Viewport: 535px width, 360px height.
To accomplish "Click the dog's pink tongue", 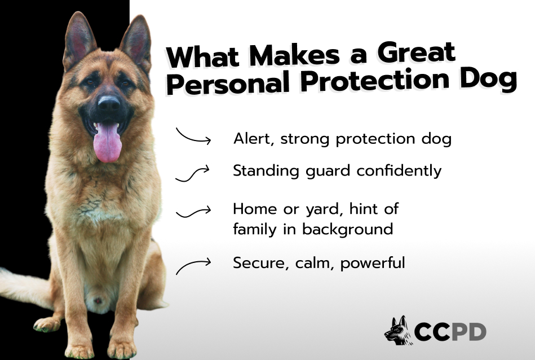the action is [x=107, y=142].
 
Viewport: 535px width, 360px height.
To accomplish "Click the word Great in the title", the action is [x=416, y=54].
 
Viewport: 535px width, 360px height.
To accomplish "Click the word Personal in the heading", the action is [x=228, y=83].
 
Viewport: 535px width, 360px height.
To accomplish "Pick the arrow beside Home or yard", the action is [x=193, y=212].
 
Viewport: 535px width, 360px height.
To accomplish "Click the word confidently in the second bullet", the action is [x=399, y=171].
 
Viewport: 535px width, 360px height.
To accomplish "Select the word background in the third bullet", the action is [x=348, y=229].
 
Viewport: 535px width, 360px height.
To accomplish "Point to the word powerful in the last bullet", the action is [x=373, y=264].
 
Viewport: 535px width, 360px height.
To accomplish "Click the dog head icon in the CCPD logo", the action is [x=398, y=331].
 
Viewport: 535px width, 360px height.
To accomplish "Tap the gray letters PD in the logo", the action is [x=469, y=332].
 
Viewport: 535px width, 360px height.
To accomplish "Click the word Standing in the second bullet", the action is [x=267, y=171].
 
